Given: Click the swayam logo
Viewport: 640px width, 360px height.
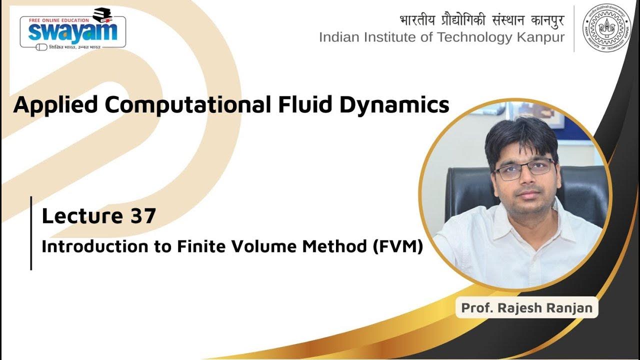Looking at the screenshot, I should [x=72, y=31].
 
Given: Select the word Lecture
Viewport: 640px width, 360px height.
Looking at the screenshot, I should [x=82, y=216].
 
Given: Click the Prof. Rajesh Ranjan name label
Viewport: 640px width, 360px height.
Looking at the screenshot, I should [x=527, y=307].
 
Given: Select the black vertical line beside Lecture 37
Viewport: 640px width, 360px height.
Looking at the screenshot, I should [x=31, y=233].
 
